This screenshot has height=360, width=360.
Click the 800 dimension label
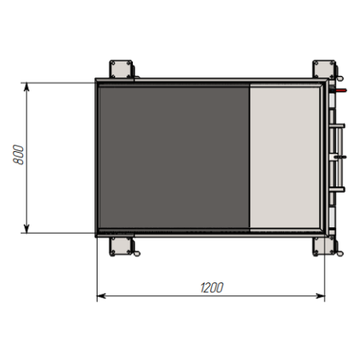18,154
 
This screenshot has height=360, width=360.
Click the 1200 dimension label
212,288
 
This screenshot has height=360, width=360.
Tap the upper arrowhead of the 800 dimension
26,87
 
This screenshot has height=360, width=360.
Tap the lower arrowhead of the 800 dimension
26,229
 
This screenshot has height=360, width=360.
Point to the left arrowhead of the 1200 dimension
102,296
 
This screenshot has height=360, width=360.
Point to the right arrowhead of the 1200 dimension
320,296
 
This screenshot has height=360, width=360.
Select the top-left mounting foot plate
121,69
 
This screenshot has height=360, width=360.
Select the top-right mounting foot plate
324,69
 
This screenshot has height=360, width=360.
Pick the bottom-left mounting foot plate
121,246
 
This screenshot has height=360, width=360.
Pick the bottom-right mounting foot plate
324,246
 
